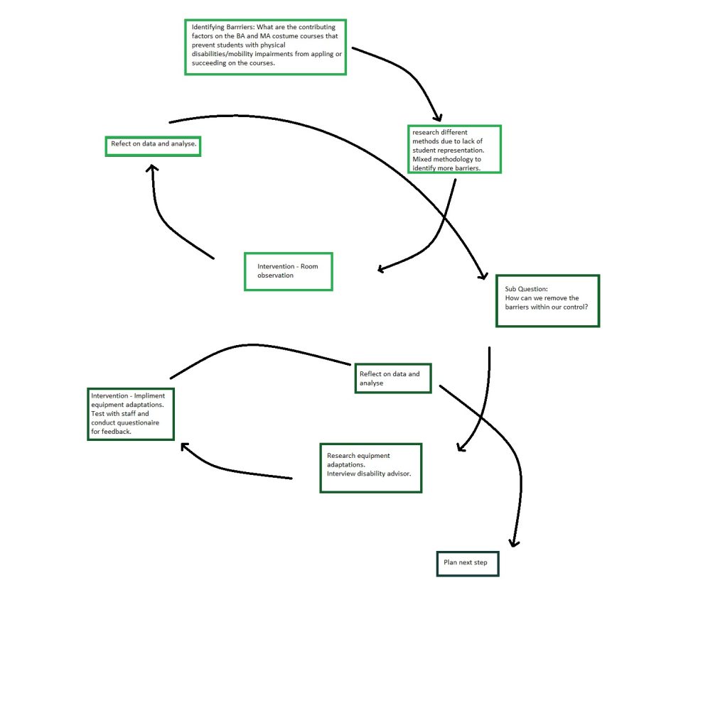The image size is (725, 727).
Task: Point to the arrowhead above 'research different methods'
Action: pos(438,118)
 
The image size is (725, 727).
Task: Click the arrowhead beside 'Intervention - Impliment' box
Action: pos(184,447)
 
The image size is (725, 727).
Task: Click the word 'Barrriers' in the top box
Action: pos(240,27)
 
